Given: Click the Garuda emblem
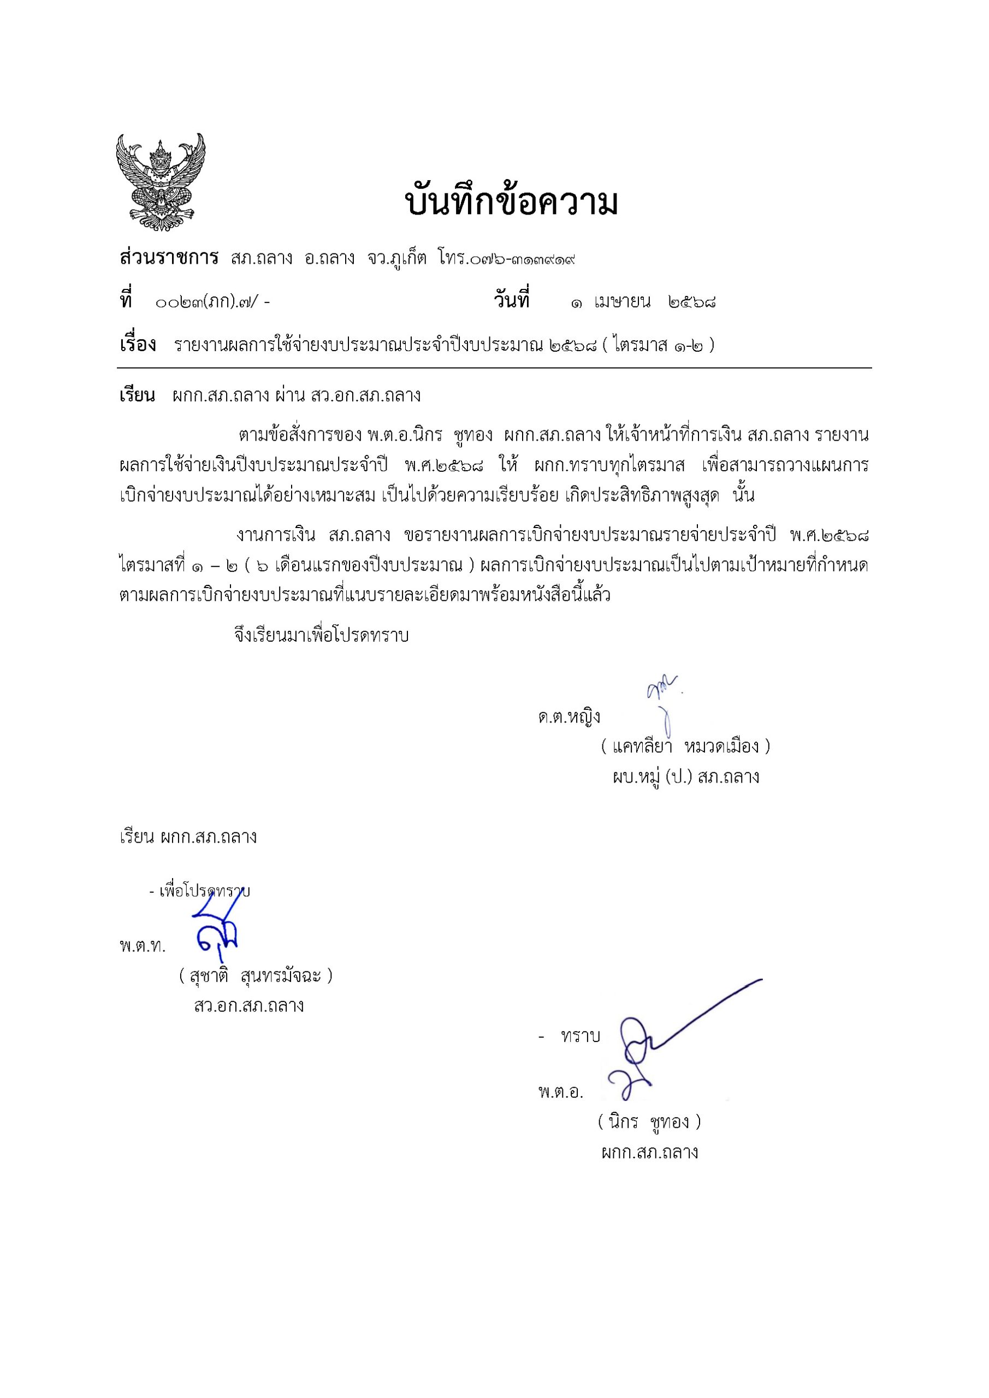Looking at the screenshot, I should pos(161,182).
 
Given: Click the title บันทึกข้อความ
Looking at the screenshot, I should pos(511,203).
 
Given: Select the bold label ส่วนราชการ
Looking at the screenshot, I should pos(169,258).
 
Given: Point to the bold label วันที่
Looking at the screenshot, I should pos(511,301).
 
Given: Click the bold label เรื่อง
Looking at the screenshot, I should pos(138,345).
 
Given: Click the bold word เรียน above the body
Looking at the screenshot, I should pos(137,396).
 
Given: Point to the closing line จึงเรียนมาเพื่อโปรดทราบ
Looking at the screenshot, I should pos(322,636).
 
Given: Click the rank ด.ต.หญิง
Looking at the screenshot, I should pos(569,716).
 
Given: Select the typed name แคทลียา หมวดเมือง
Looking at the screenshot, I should pos(685,746).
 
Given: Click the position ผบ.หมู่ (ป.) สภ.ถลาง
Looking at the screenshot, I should pos(686,777).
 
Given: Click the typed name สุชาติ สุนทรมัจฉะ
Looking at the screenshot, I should pos(256,976).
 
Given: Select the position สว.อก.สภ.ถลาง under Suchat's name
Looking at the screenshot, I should pos(248,1005).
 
